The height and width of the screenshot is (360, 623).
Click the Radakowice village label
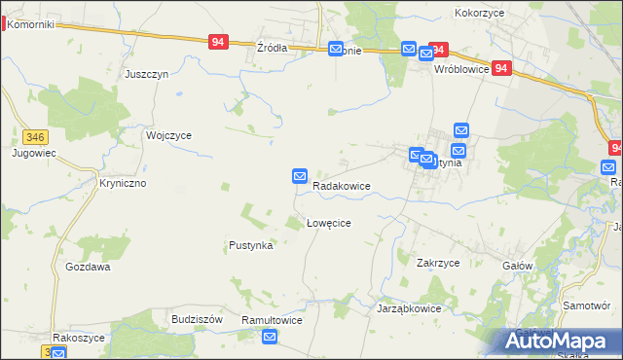point(341,185)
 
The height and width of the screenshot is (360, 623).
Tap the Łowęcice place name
point(328,223)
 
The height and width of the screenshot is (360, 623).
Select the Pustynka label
point(250,246)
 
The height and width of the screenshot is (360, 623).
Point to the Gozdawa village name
point(88,267)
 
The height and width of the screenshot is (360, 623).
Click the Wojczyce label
point(168,136)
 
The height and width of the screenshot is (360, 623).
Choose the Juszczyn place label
point(147,74)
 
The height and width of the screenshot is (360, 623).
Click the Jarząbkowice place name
point(409,308)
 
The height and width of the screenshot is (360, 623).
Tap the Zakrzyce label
point(437,263)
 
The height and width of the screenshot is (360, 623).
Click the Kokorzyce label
point(478,14)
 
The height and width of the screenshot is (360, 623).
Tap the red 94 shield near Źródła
point(218,42)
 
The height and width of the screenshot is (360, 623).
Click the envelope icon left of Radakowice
point(300,176)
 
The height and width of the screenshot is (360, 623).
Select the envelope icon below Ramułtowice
point(271,337)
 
